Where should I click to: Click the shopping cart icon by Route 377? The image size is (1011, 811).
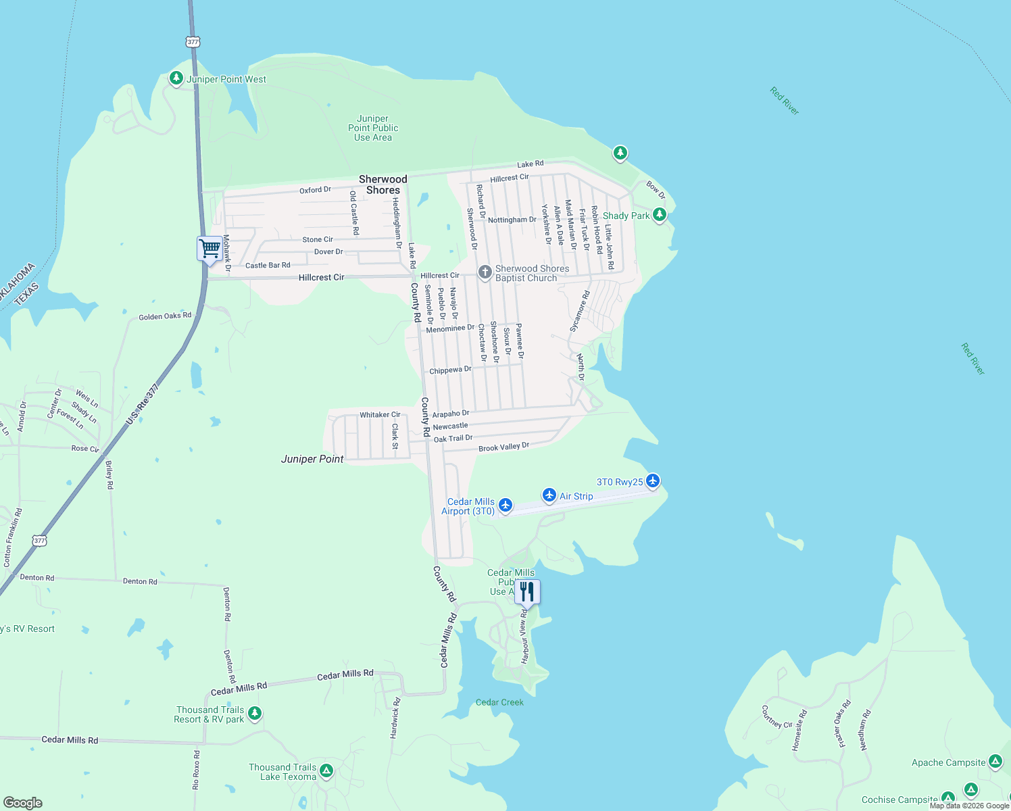209,249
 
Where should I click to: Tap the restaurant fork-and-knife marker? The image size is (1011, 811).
527,592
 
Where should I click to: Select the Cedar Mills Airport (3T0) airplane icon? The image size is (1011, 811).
505,505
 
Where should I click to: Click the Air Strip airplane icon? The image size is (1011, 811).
549,495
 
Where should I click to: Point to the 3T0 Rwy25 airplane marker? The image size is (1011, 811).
652,481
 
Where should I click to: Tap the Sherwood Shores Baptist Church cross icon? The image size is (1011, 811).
485,272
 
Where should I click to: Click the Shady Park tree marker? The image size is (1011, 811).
660,215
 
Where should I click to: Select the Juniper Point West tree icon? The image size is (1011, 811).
176,78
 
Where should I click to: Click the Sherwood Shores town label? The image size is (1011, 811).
383,185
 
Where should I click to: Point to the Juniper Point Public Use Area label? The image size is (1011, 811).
373,128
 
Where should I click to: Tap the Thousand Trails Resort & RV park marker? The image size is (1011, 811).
254,713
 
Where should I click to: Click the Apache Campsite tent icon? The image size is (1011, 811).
995,762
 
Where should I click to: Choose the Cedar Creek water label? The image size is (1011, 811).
499,702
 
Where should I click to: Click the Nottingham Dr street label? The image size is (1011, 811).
512,220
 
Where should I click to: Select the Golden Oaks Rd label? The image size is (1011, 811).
165,316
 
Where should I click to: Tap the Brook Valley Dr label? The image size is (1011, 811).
503,447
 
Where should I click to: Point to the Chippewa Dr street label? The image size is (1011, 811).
450,370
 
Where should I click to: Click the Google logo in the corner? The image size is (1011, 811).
23,802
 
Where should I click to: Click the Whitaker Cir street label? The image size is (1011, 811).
380,415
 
